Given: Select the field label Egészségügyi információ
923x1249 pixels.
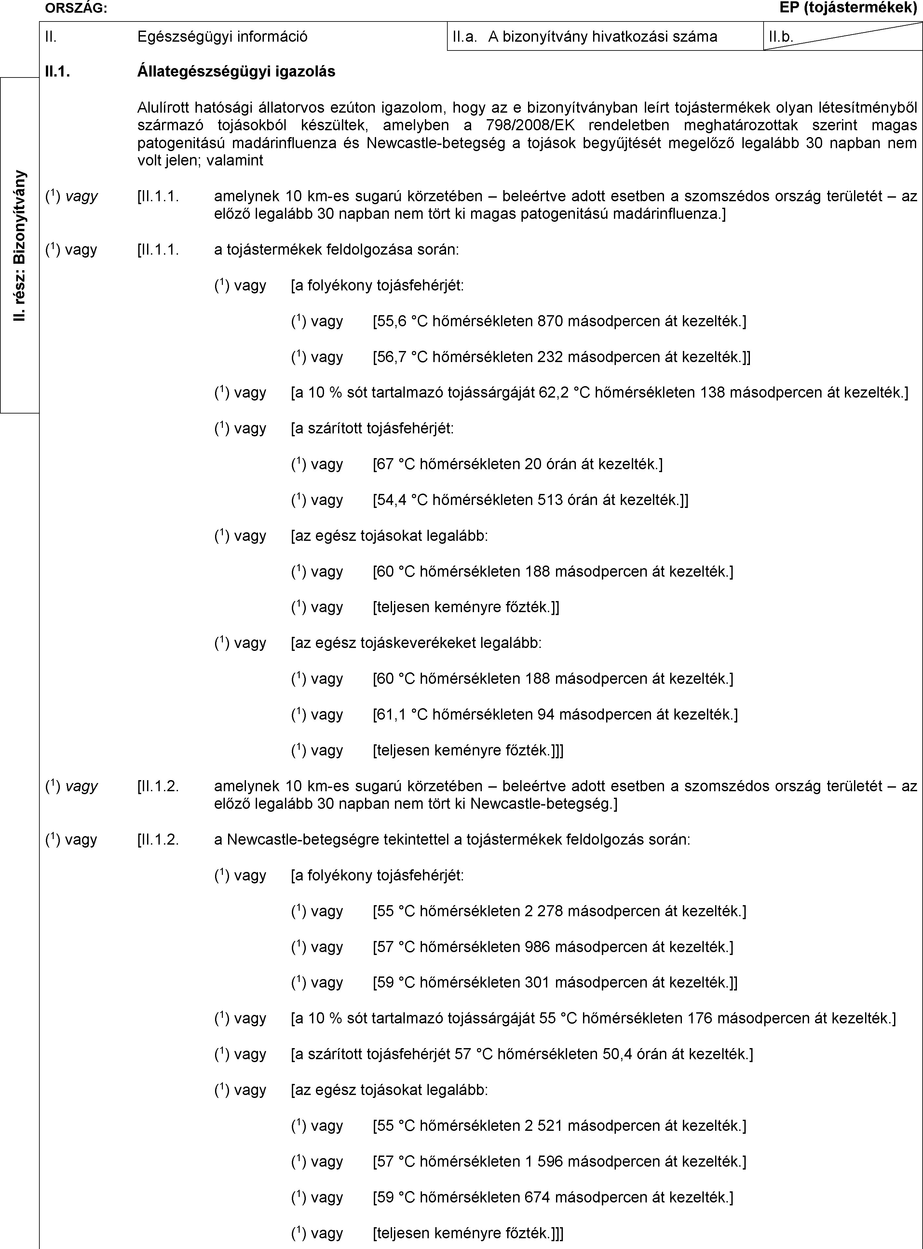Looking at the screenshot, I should (222, 37).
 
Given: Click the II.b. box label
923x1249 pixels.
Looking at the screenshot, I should (781, 37).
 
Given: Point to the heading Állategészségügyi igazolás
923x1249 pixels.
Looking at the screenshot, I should (236, 72).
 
